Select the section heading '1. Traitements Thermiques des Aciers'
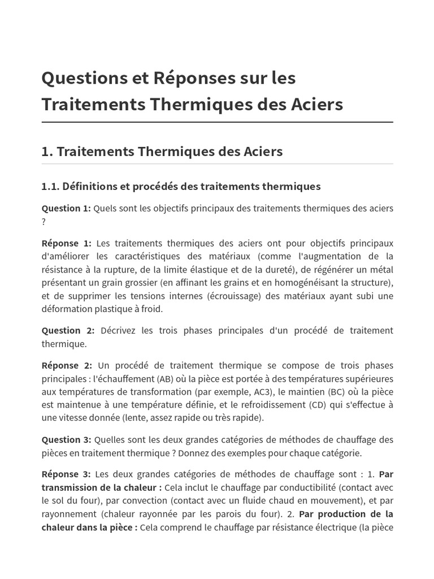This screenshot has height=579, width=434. pyautogui.click(x=162, y=152)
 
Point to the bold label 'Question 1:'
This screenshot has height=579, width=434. pyautogui.click(x=66, y=208)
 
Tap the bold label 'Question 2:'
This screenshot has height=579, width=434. pyautogui.click(x=68, y=330)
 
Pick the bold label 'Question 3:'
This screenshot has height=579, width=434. pyautogui.click(x=66, y=439)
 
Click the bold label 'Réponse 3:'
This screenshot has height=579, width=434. pyautogui.click(x=66, y=474)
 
